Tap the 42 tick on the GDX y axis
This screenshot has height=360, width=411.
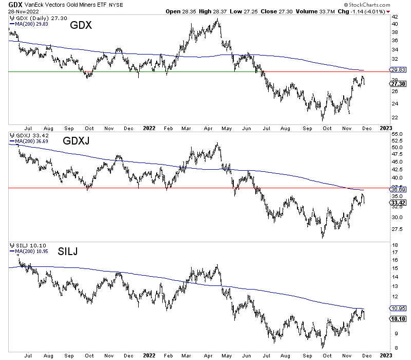[395, 16]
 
